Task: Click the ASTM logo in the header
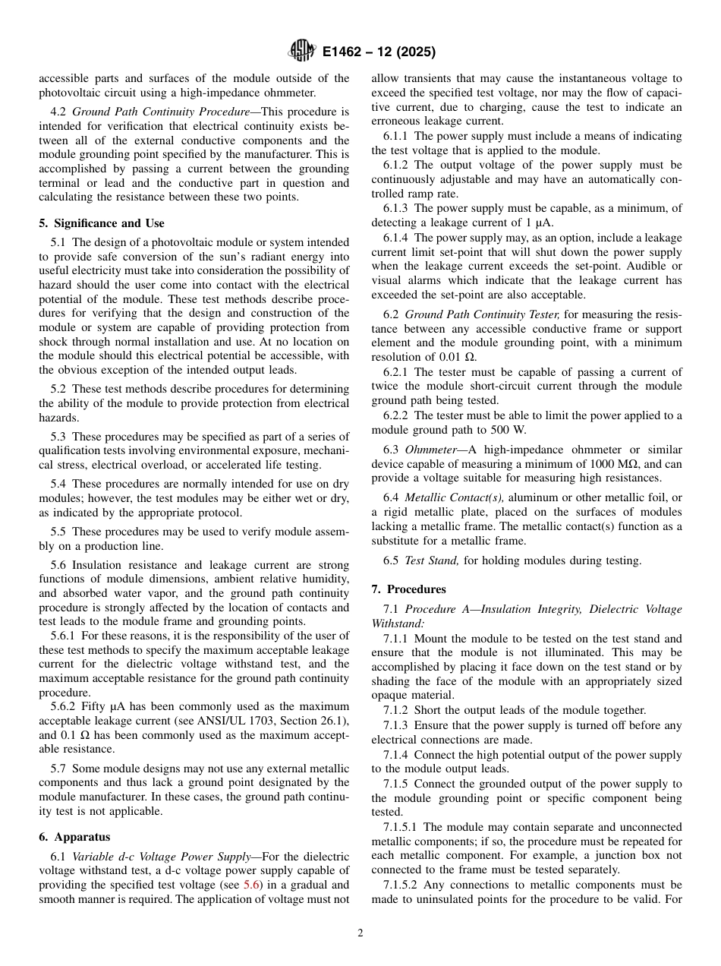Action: (301, 52)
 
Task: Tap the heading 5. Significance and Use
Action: (102, 223)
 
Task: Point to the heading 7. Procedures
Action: (408, 589)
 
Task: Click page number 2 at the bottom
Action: (360, 933)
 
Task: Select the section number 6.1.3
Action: (397, 208)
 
